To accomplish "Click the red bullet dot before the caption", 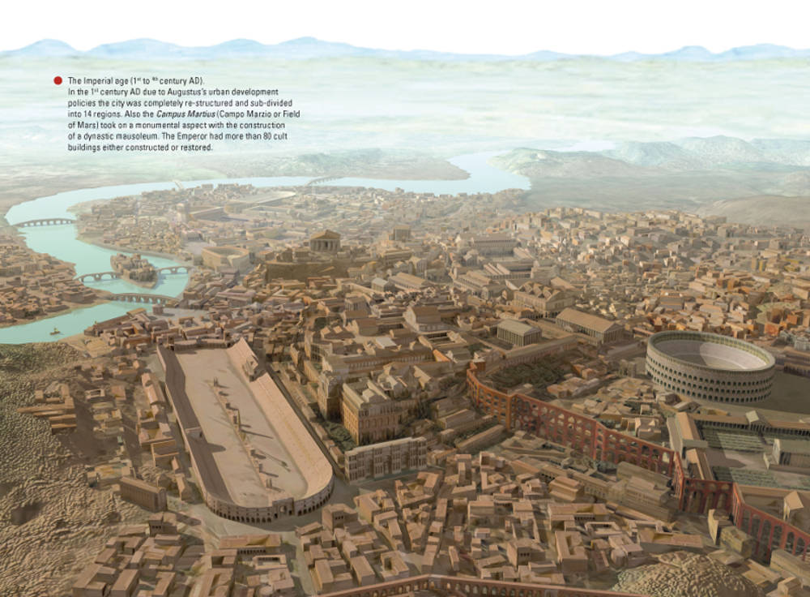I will coord(58,80).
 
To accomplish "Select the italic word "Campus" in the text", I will coord(173,115).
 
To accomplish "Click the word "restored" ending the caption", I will coord(197,148).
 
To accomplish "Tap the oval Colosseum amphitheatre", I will coord(710,367).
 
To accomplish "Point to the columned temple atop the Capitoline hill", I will coord(326,241).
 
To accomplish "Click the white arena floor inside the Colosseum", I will coord(710,354).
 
